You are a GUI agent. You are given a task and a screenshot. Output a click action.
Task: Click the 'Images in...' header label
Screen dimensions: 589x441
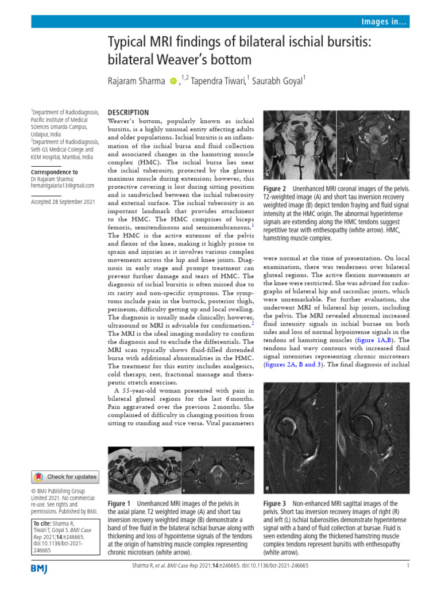click(384, 22)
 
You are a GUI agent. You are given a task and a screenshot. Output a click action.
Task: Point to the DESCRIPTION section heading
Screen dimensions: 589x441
click(129, 113)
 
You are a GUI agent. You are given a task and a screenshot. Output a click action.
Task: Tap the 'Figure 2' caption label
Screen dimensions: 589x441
click(275, 189)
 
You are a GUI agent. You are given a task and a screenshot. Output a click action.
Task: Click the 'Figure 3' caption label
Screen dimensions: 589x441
click(275, 503)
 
